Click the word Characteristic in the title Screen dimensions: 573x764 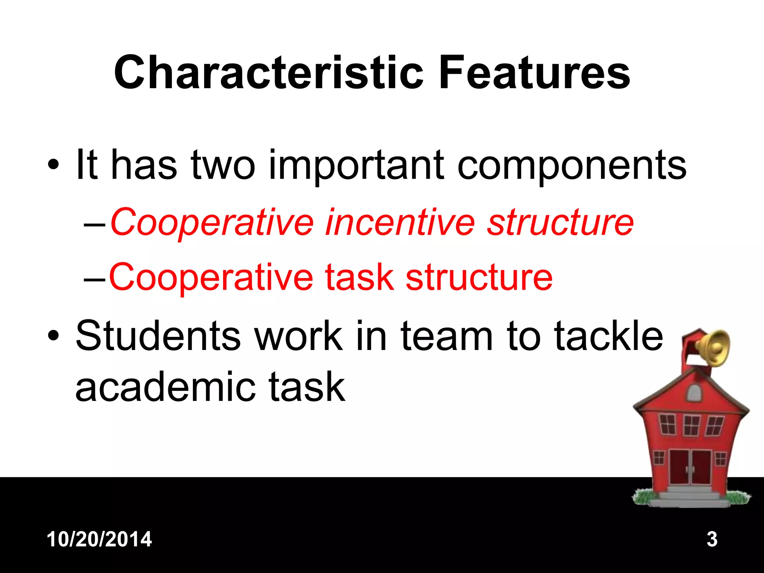[x=269, y=73]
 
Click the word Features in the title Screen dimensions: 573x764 [x=534, y=73]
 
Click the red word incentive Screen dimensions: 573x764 [x=400, y=223]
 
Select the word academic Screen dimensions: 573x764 [x=164, y=388]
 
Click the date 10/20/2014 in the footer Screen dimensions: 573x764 [x=99, y=539]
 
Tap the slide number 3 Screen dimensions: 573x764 [x=712, y=539]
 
